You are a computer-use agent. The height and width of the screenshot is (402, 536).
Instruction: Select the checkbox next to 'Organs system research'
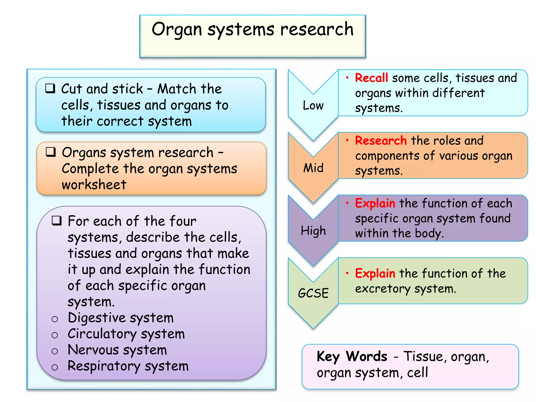(51, 152)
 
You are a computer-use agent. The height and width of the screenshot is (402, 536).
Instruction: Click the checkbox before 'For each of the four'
(57, 221)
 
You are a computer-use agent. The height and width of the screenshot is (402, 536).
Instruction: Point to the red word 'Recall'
(371, 78)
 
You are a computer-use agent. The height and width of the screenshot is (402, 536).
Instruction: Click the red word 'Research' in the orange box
(381, 141)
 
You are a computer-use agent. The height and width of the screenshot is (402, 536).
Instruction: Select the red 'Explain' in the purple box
(375, 203)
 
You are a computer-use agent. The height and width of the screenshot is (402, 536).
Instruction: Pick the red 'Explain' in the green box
(375, 273)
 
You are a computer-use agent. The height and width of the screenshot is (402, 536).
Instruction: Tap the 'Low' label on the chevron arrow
(313, 105)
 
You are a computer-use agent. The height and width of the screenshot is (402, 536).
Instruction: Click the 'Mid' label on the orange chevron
(313, 168)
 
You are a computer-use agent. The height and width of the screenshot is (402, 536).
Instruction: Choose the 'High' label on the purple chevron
(313, 231)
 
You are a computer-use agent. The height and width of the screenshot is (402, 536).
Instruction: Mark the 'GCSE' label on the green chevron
(313, 293)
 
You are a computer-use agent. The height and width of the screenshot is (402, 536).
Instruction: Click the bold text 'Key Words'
(352, 356)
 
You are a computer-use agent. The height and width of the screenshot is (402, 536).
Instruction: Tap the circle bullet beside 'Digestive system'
(55, 319)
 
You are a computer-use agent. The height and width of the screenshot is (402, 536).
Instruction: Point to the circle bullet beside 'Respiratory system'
(55, 367)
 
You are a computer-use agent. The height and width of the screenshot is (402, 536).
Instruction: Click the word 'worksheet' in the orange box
(94, 185)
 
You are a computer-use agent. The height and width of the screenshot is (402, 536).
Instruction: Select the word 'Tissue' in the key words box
(423, 356)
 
